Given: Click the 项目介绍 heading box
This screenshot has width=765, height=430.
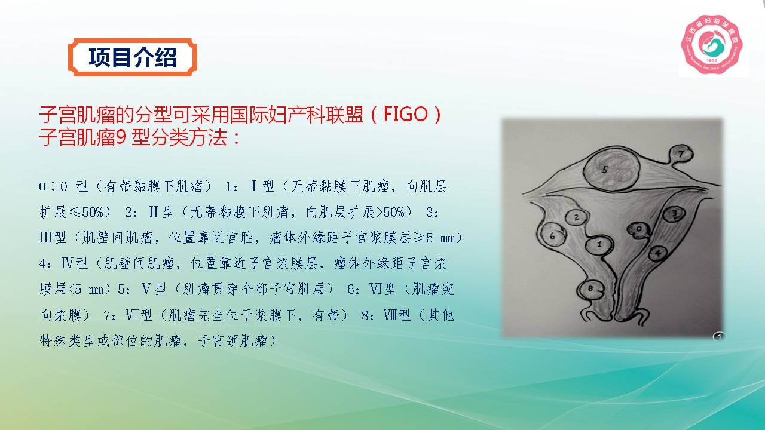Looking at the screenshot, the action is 133,57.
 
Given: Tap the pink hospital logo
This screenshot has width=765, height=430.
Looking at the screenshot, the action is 712,44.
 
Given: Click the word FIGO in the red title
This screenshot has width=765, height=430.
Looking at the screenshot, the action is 405,114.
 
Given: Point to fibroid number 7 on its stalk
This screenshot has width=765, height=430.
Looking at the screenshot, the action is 681,155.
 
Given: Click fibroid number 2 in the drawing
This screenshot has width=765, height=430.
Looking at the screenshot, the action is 577,217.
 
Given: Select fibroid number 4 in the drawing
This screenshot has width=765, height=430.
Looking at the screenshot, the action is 658,254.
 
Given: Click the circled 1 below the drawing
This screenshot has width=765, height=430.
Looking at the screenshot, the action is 719,337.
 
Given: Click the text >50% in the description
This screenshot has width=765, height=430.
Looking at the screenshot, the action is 390,212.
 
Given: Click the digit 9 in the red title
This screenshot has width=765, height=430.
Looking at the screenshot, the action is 121,138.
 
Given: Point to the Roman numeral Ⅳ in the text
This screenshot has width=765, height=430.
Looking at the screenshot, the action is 68,263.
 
